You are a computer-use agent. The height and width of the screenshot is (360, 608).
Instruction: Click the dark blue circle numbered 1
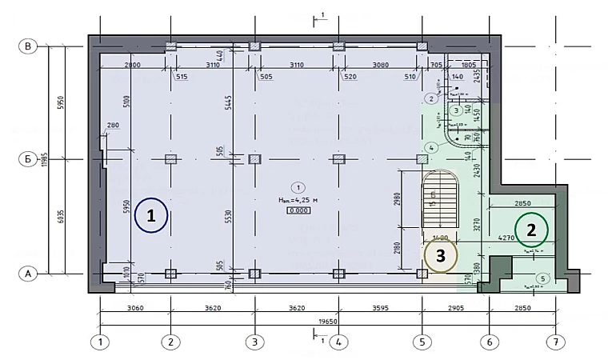coord(150,215)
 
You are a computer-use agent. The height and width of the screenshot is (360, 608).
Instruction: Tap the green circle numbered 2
coord(530,230)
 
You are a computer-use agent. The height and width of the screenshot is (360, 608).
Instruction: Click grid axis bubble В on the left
coord(28,47)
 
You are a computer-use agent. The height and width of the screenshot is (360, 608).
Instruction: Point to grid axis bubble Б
coord(28,159)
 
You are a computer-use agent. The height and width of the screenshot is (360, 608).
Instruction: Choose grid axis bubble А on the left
coord(28,274)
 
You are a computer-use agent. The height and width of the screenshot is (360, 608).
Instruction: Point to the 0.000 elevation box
coord(298,210)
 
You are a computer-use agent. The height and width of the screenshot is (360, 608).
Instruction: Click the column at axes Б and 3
coord(254,159)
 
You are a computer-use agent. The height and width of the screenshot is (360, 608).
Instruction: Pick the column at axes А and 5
coord(422,274)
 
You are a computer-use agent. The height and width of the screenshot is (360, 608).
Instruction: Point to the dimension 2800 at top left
coord(133,64)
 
